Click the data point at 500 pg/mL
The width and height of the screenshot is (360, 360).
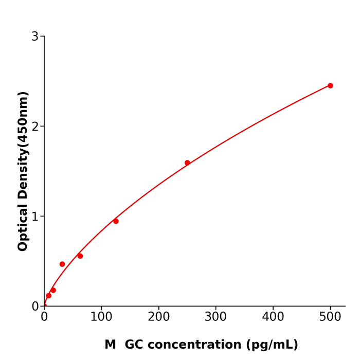pos(330,86)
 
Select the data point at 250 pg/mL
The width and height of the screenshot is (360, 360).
pos(187,163)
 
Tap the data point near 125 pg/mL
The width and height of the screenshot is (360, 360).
pos(116,221)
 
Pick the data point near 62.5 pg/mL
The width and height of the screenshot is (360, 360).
pos(80,256)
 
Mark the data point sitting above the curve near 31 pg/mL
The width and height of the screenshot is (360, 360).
pos(62,264)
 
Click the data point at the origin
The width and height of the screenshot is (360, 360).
pos(44,305)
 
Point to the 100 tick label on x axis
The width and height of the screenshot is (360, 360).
pos(101,317)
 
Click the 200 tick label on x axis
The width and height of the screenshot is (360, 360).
pos(158,317)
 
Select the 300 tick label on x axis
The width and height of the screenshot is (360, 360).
pos(215,317)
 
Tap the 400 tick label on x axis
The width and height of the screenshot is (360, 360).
pos(273,317)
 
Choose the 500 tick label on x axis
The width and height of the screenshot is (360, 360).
pos(330,317)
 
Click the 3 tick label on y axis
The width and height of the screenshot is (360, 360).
pos(35,37)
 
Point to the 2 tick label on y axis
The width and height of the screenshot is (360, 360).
pos(35,127)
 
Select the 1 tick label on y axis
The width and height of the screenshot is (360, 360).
pos(35,217)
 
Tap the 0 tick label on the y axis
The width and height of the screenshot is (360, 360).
pos(35,307)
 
